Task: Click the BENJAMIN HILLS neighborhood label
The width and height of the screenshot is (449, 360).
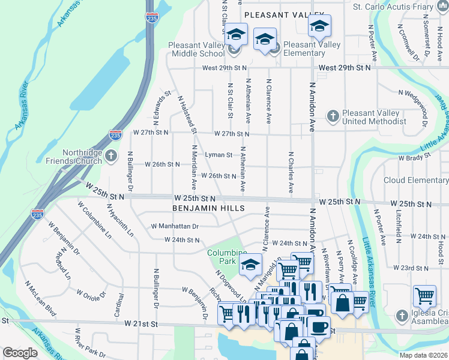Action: [208, 208]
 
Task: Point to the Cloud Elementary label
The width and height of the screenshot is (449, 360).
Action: [415, 180]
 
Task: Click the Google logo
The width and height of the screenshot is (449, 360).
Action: [20, 353]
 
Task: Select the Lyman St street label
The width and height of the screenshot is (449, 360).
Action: [218, 155]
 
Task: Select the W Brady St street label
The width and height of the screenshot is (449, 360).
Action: [415, 158]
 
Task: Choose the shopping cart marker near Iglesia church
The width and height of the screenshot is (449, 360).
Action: [424, 296]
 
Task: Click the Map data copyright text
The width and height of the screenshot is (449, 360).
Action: [423, 355]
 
